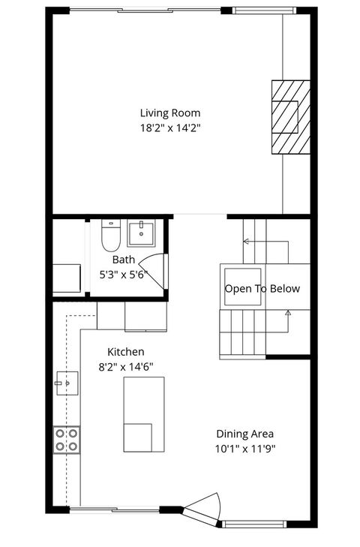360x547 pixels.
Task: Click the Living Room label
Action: pos(170,113)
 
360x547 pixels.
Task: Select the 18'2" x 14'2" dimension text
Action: pos(170,128)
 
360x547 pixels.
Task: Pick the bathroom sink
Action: pos(140,233)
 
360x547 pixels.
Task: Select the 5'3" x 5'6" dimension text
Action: pos(124,275)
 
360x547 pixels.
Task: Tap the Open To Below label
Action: pos(262,289)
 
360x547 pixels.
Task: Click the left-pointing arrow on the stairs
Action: pos(246,242)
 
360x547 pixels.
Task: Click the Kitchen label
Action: pos(126,351)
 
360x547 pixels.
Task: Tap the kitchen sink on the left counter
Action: pos(65,383)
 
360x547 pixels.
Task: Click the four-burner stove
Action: pos(66,440)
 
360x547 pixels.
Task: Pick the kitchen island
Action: pos(143,414)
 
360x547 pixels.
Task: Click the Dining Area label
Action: pos(245,434)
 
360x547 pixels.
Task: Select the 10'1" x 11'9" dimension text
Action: pos(245,449)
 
